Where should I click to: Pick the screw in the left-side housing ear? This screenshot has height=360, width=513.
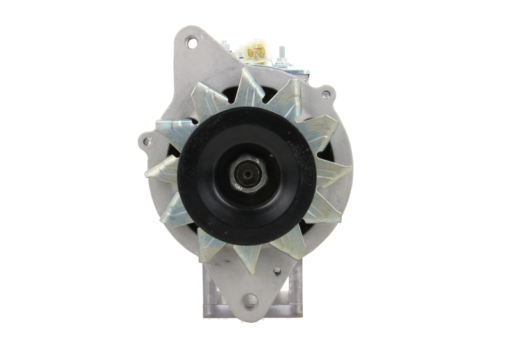(x=147, y=141)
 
